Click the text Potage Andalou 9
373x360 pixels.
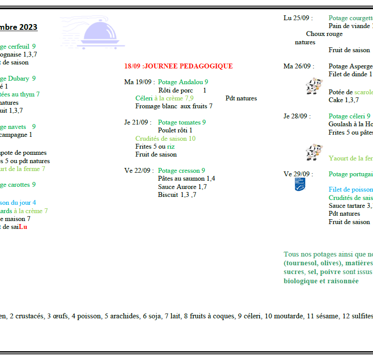click(183, 82)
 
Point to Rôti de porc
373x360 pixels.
click(176, 90)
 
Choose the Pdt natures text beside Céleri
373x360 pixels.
click(241, 98)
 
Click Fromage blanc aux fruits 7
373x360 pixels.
click(174, 106)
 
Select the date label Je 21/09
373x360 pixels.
click(138, 122)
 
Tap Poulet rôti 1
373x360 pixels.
click(175, 130)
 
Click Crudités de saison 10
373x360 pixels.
click(165, 139)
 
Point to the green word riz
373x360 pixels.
click(171, 146)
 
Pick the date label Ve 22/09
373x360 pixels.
click(138, 171)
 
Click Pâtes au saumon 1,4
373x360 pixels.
click(186, 178)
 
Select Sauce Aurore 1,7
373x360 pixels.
click(183, 187)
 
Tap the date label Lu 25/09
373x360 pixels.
click(297, 18)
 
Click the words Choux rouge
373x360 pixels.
click(324, 34)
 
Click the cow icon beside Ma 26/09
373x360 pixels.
click(314, 86)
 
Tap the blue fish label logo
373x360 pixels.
click(300, 184)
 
